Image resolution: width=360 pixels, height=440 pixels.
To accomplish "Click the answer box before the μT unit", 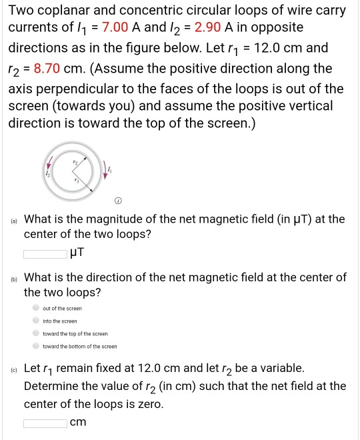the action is [46, 253].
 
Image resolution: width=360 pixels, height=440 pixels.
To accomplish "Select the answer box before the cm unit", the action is [46, 423].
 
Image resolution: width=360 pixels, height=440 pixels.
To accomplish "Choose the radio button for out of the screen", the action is [36, 309].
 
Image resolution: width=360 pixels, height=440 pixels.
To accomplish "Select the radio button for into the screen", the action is [36, 321].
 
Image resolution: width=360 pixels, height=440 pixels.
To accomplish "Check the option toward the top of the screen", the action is [36, 333].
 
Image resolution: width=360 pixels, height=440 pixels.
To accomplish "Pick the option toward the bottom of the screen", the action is [36, 346].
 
